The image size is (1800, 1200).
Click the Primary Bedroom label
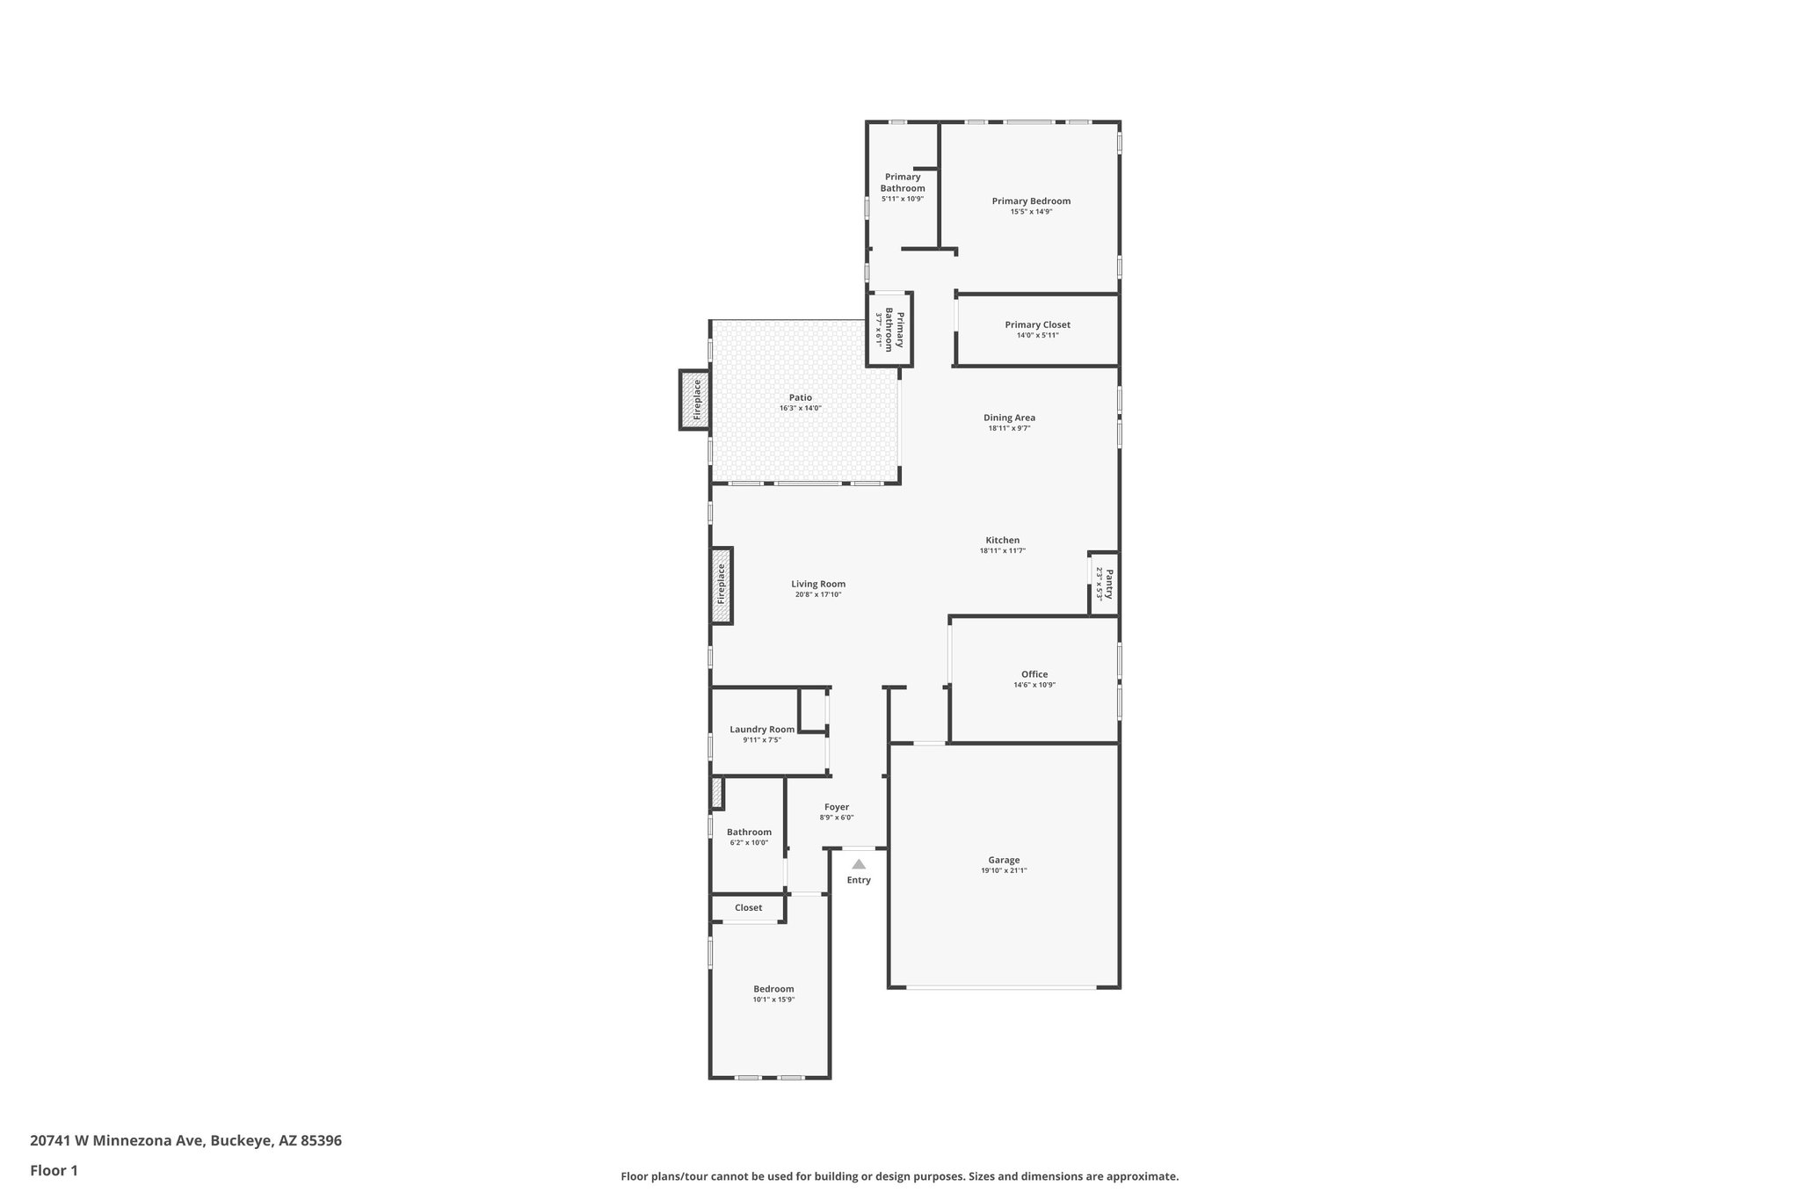tap(1031, 201)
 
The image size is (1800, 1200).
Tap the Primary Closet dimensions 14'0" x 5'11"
tap(1037, 335)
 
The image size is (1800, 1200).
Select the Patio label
tap(800, 397)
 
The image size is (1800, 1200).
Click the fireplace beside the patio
tap(695, 400)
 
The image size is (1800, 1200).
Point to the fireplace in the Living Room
tap(722, 585)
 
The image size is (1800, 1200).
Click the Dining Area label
tap(1009, 418)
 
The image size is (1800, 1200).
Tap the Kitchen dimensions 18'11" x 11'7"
tap(1002, 551)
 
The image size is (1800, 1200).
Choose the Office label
tap(1034, 674)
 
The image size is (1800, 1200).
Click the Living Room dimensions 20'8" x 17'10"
tap(818, 595)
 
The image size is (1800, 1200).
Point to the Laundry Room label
tap(762, 729)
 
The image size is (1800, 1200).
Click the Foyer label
tap(837, 807)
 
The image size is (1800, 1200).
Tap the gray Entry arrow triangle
tap(859, 864)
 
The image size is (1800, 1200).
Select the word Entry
tap(859, 880)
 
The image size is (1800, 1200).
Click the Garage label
tap(1004, 860)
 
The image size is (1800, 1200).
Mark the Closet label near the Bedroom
tap(749, 907)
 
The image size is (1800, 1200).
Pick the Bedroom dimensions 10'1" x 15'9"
tap(773, 1000)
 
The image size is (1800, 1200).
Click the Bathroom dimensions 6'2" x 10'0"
tap(749, 843)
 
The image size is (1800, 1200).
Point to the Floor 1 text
tap(54, 1170)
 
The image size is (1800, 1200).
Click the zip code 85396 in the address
tap(321, 1140)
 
